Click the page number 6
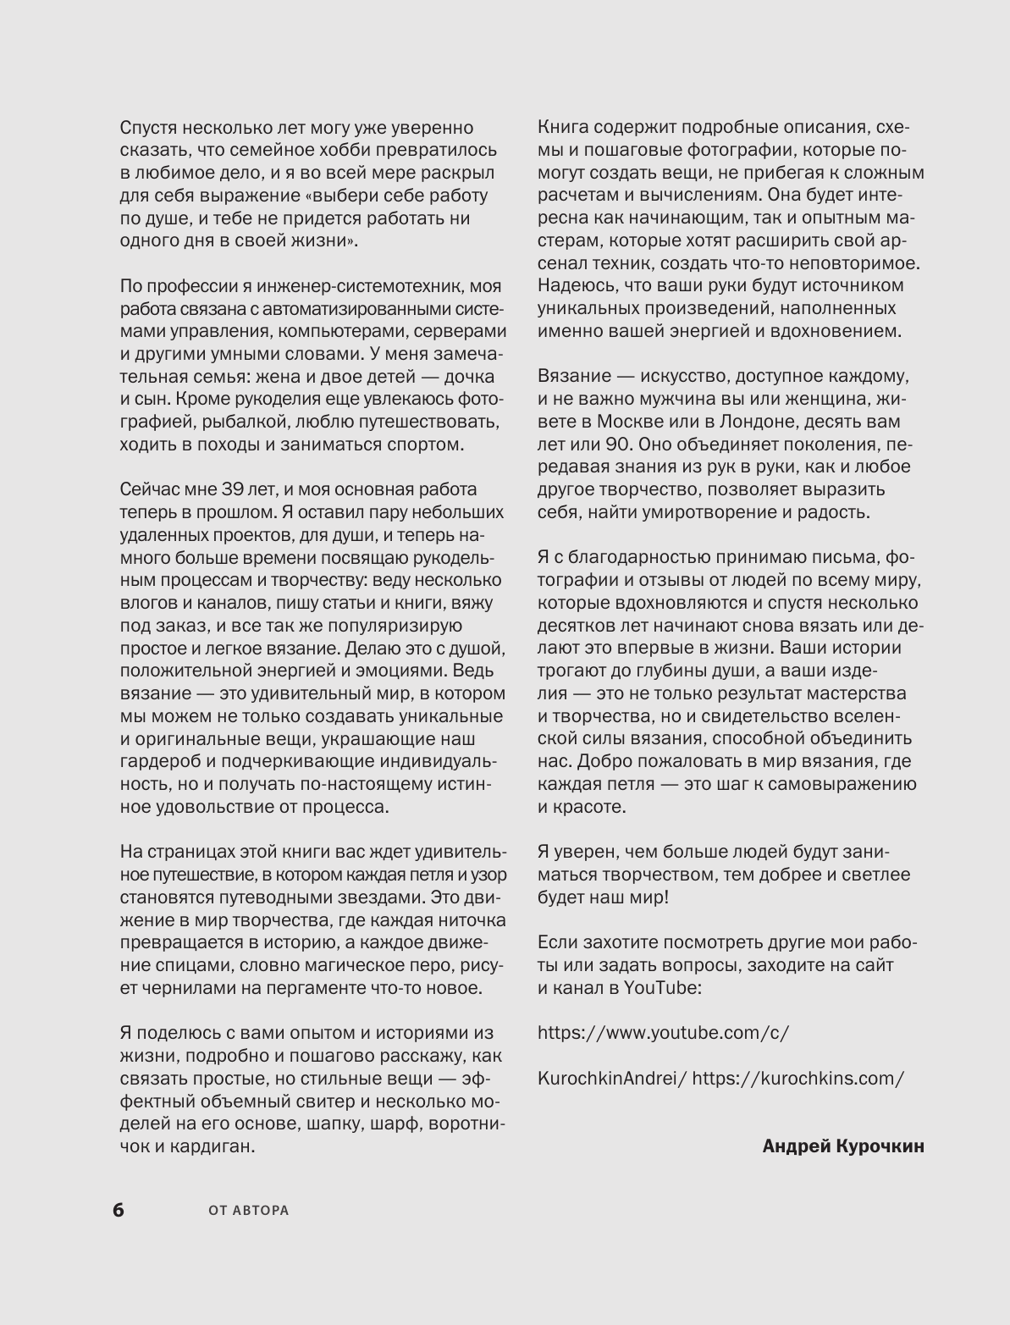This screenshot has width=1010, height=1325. tap(119, 1210)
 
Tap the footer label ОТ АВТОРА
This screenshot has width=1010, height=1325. tap(249, 1211)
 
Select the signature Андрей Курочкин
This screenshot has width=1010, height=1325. tap(843, 1146)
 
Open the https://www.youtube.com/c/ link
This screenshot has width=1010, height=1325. tap(663, 1033)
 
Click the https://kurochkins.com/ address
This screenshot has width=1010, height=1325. tap(798, 1079)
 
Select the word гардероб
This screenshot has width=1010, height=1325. tap(161, 761)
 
